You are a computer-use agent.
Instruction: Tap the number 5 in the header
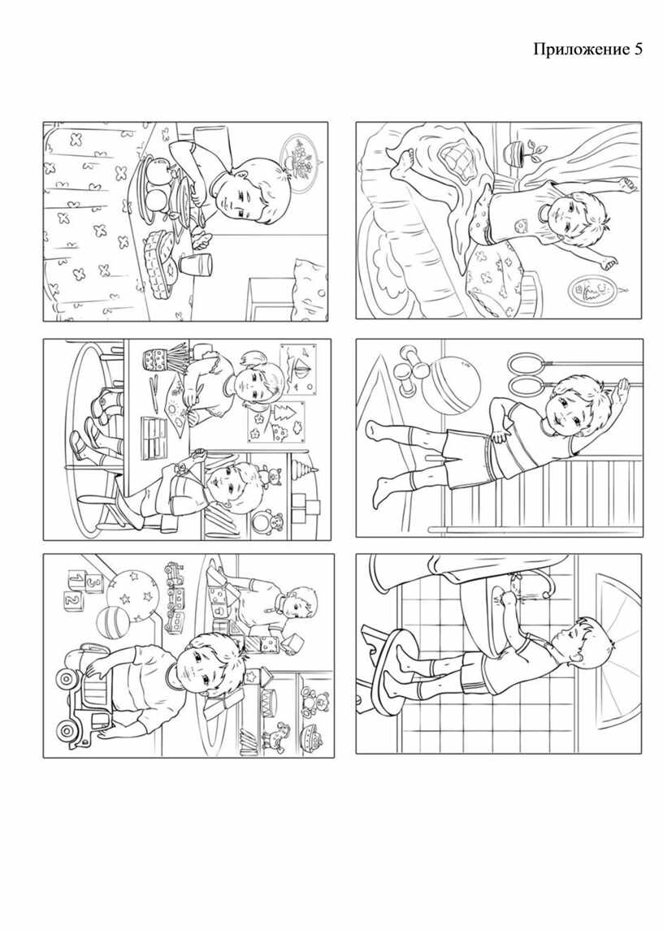637,49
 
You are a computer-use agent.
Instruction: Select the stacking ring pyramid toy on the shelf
302,472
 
